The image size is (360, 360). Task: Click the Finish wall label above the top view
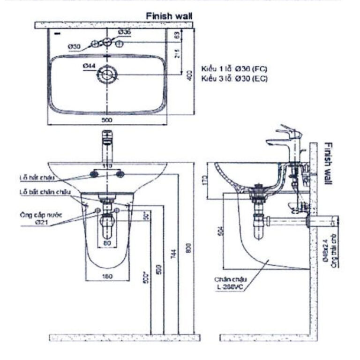pyautogui.click(x=169, y=16)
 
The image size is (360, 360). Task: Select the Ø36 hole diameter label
pyautogui.click(x=124, y=31)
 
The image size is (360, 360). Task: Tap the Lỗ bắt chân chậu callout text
pyautogui.click(x=45, y=192)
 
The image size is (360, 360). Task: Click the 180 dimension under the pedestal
pyautogui.click(x=108, y=277)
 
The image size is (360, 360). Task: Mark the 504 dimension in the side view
pyautogui.click(x=220, y=231)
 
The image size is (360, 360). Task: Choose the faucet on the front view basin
pyautogui.click(x=106, y=146)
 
